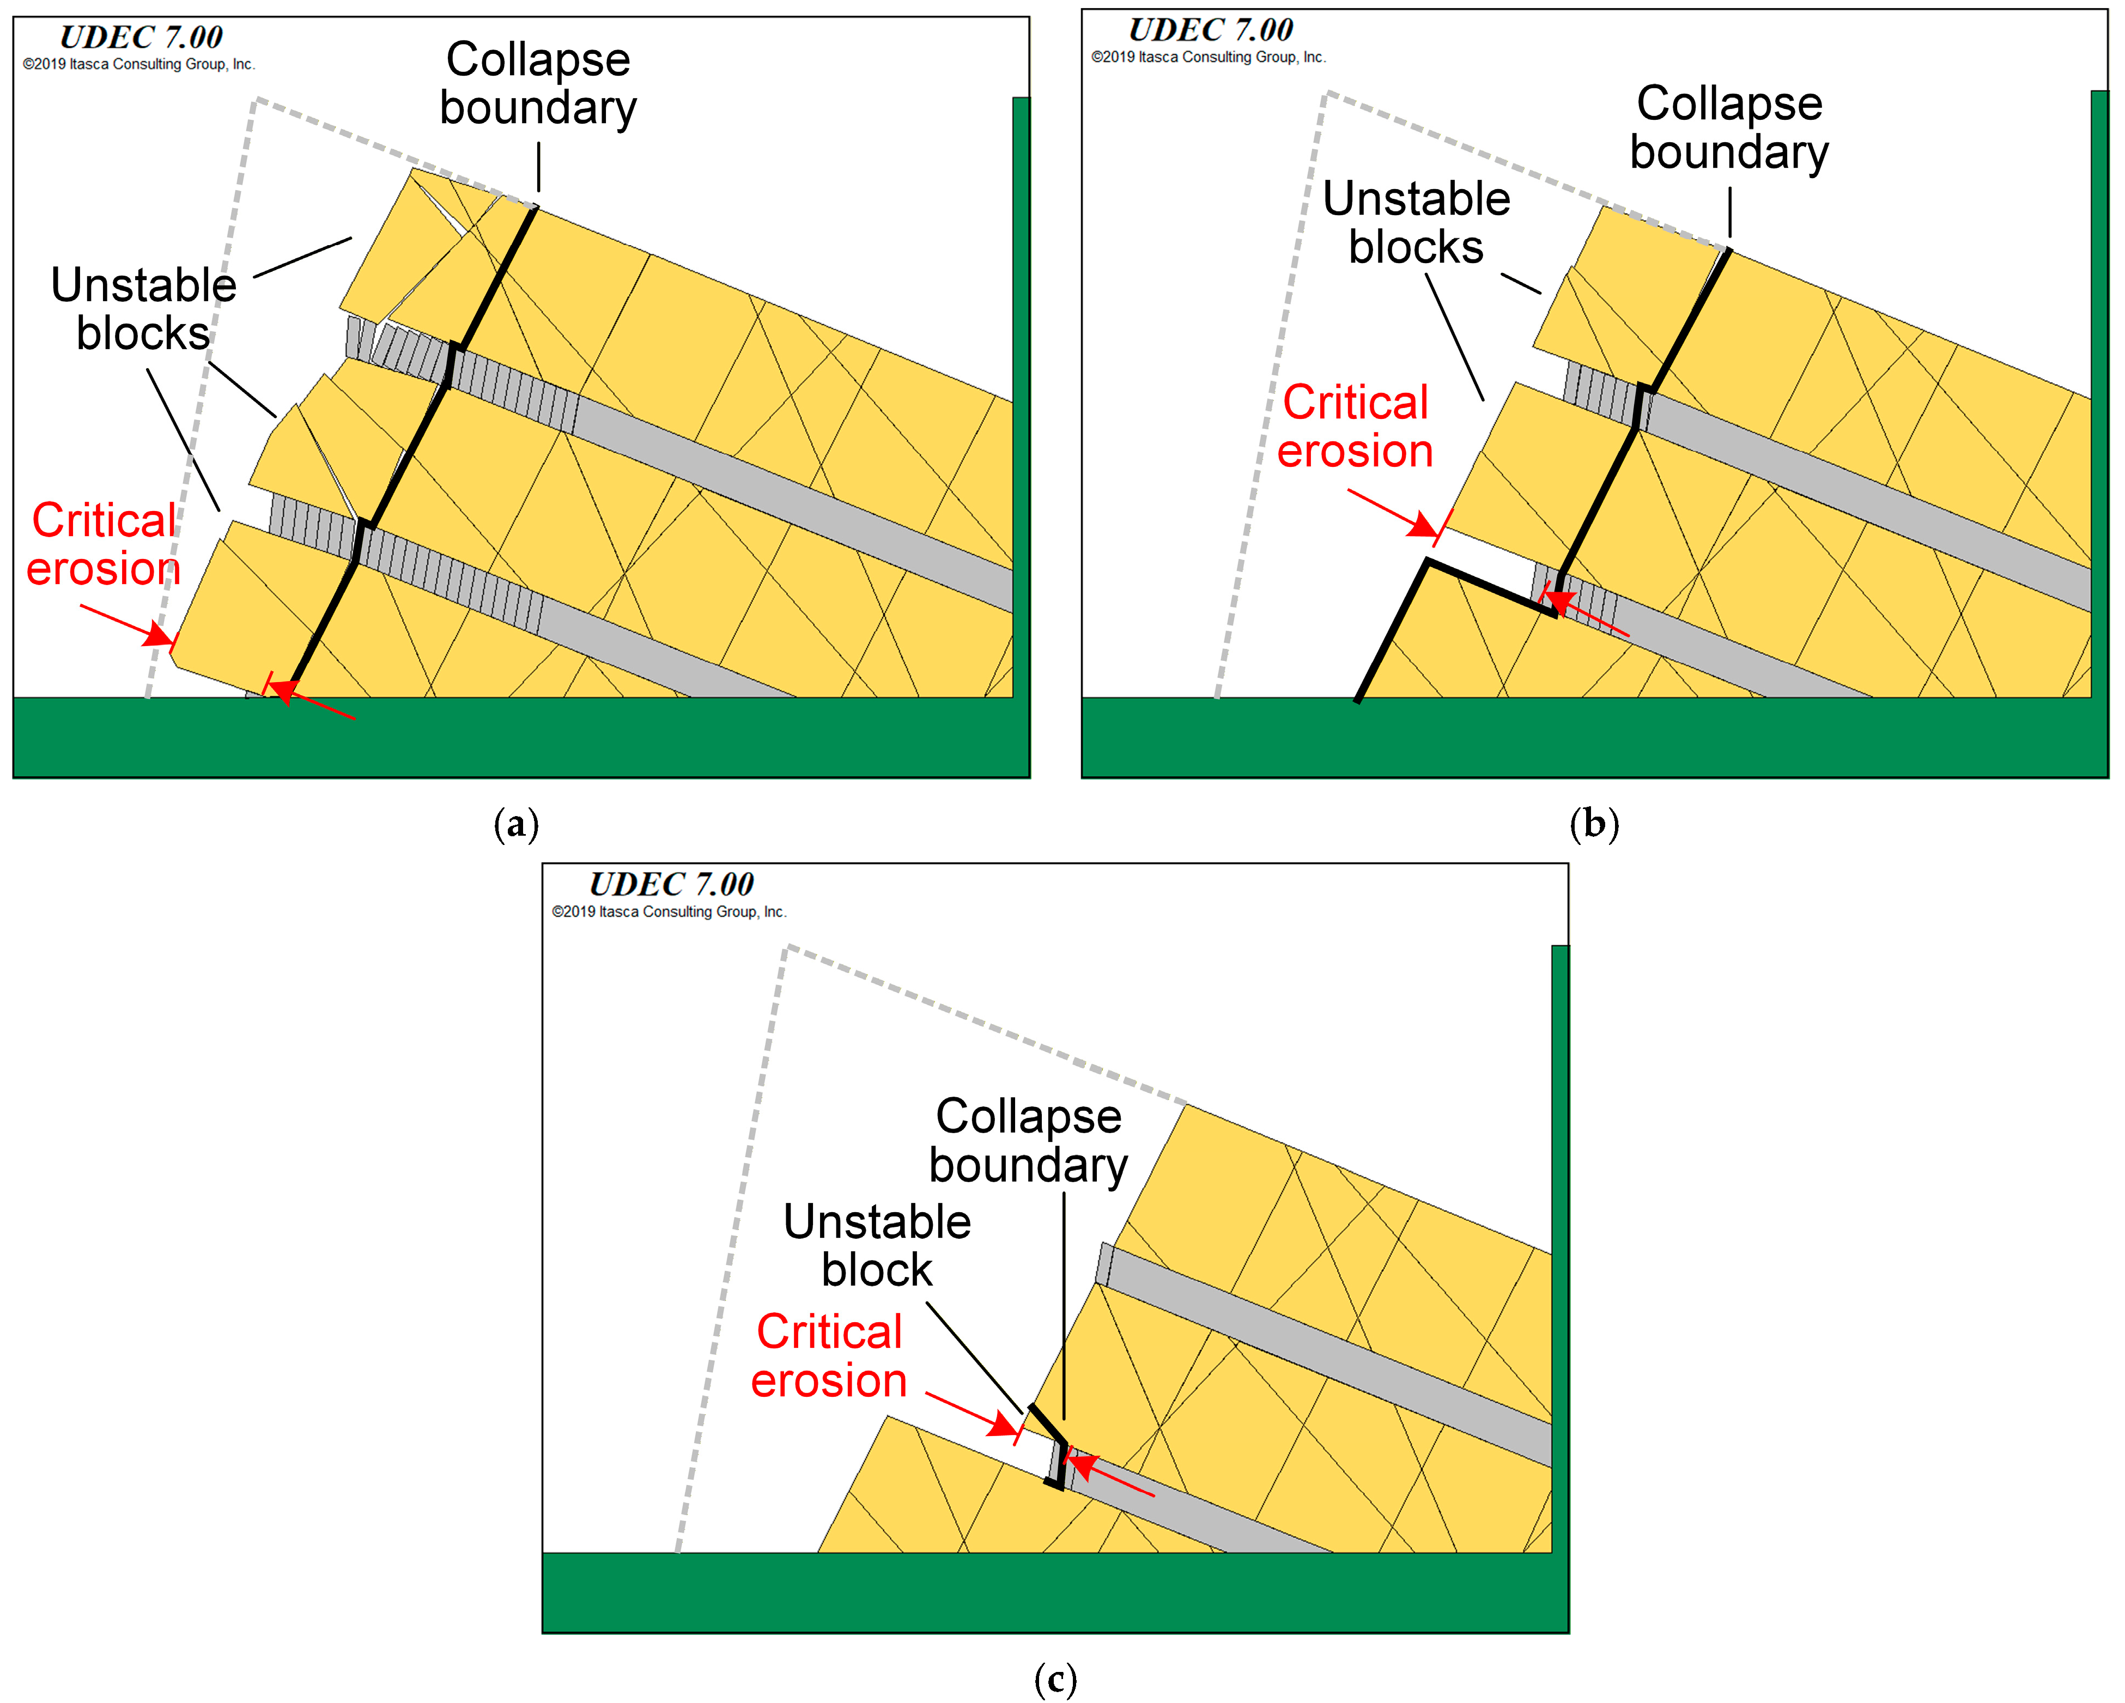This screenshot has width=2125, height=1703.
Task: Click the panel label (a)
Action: (x=515, y=823)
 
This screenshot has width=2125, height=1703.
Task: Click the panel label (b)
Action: (x=1594, y=823)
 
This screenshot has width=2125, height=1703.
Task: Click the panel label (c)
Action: (x=1055, y=1677)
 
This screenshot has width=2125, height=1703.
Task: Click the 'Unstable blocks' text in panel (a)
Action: (x=144, y=308)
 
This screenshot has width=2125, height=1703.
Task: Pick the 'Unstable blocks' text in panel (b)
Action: (x=1416, y=223)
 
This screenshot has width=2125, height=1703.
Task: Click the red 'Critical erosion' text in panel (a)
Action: (x=104, y=544)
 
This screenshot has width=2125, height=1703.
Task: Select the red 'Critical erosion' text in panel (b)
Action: (x=1355, y=427)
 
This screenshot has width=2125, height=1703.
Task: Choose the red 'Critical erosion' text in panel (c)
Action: (x=829, y=1356)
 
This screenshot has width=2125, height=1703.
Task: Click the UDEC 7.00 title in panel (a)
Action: (x=141, y=38)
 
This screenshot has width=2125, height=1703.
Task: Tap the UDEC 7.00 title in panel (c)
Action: (x=671, y=884)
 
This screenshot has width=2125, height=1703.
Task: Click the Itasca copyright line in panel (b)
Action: (x=1209, y=57)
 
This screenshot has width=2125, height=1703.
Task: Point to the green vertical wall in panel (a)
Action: (x=1021, y=394)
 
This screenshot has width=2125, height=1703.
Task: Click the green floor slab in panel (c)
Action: (x=1055, y=1592)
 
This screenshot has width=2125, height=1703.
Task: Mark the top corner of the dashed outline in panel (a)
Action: (x=254, y=100)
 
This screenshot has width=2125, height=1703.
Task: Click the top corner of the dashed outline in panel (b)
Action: (x=1327, y=94)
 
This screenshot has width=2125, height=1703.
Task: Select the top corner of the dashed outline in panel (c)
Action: (x=787, y=948)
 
